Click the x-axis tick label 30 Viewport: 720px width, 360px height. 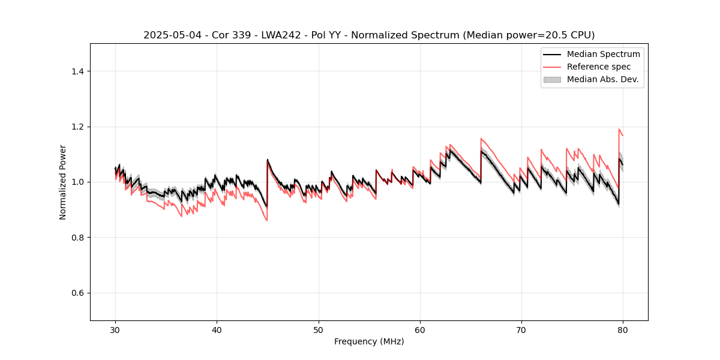click(115, 330)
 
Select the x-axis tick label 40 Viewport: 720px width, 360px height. click(217, 330)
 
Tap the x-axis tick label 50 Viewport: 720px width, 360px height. click(319, 330)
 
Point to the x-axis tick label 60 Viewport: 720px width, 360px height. click(420, 330)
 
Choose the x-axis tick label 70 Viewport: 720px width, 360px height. click(521, 330)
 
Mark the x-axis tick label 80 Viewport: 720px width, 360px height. click(623, 330)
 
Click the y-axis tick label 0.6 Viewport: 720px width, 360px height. click(77, 293)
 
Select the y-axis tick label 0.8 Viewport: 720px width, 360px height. click(77, 238)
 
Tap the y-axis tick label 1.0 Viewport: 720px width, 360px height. click(77, 182)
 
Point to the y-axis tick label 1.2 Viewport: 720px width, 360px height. click(77, 127)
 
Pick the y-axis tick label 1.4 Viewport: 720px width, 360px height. click(77, 71)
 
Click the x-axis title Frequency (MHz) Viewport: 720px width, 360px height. click(369, 341)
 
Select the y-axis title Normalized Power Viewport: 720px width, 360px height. click(63, 182)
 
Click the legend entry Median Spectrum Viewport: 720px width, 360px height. click(603, 54)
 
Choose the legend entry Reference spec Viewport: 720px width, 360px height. click(599, 67)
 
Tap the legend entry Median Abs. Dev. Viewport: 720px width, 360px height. click(602, 79)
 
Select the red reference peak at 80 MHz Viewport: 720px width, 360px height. click(619, 129)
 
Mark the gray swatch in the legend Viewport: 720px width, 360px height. click(552, 79)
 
